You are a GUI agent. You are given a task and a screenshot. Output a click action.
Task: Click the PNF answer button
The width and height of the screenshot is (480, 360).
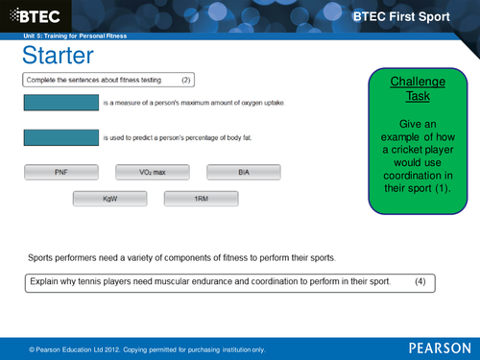(60, 172)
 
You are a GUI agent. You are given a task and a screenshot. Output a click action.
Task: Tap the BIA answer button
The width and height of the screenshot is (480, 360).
(244, 172)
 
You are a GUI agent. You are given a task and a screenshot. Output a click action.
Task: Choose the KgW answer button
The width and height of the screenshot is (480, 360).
(109, 199)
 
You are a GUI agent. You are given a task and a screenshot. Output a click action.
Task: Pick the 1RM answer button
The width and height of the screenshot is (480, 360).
(201, 199)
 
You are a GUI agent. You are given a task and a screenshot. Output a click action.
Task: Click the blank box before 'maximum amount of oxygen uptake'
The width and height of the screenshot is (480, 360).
(60, 102)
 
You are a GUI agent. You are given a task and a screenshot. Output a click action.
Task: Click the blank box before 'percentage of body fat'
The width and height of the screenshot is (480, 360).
(60, 137)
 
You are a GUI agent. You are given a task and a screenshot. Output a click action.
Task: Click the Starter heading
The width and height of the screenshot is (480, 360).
(57, 55)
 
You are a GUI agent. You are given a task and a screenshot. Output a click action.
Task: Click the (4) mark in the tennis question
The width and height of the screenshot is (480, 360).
(420, 282)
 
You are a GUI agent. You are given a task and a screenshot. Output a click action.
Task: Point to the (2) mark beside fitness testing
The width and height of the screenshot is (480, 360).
(187, 79)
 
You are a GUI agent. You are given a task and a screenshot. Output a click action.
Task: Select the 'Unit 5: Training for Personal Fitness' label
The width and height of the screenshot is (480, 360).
(75, 36)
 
